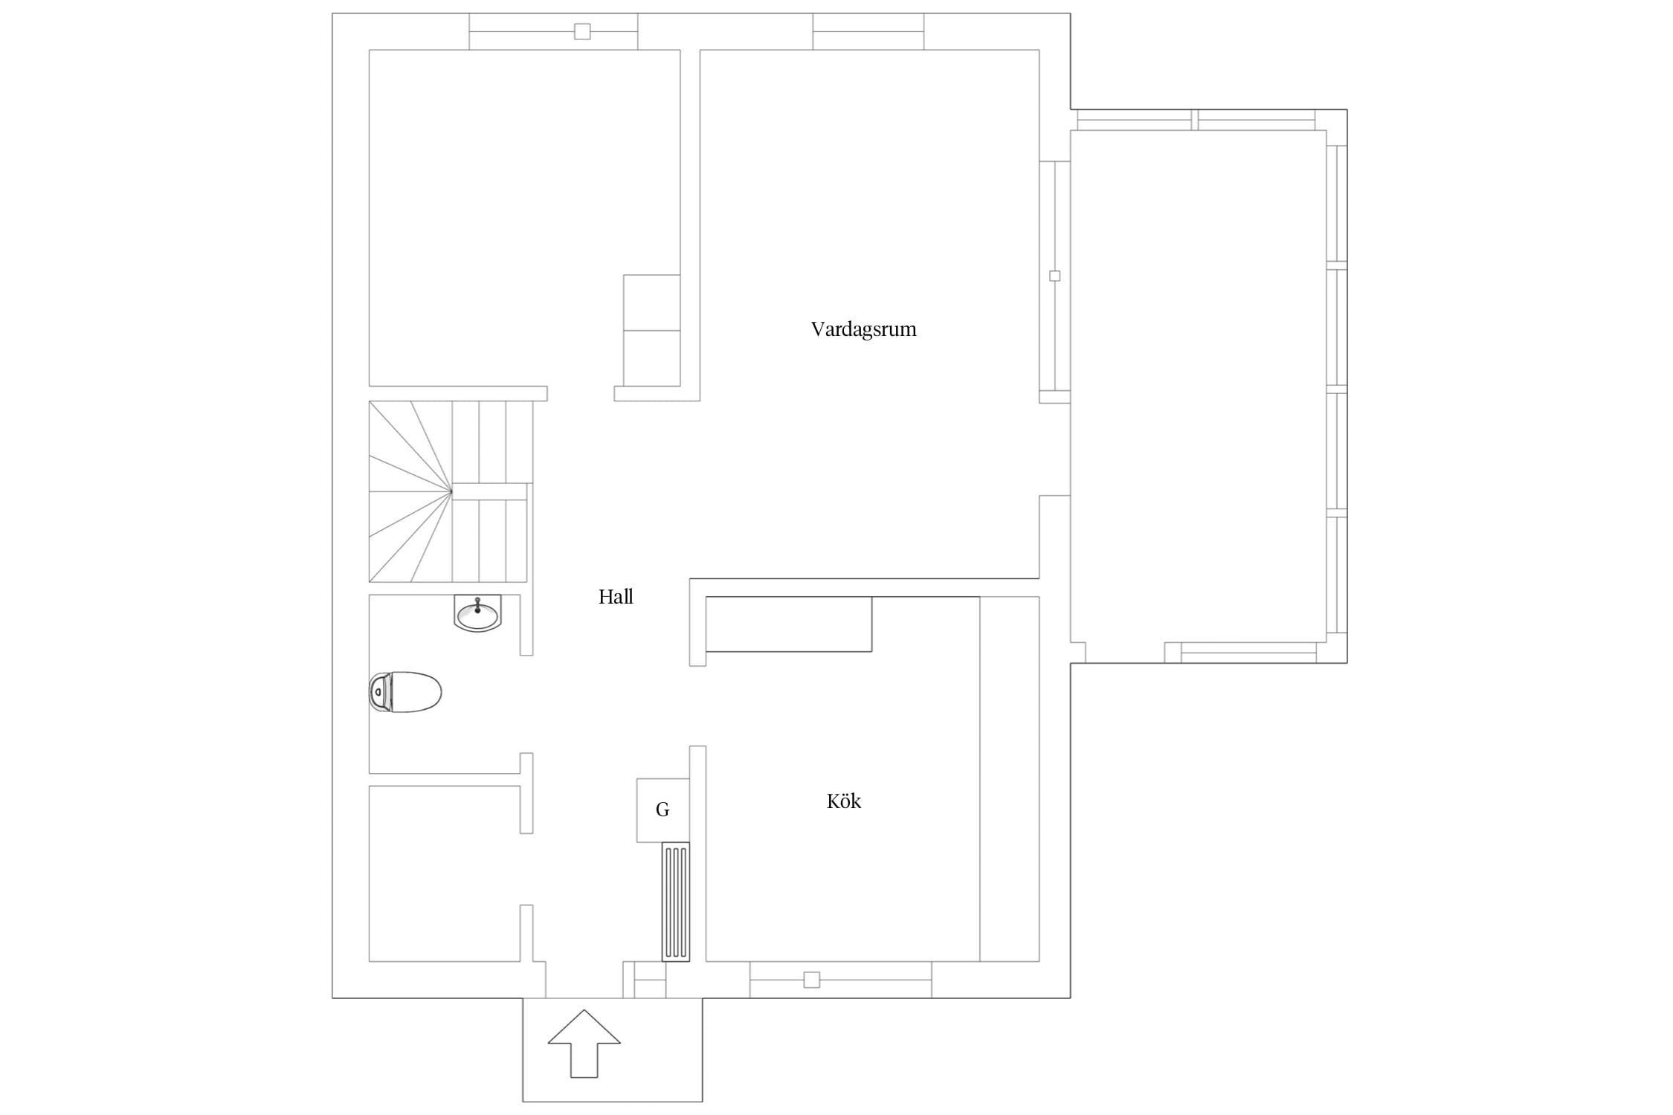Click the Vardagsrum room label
coord(863,329)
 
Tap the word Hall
coord(616,597)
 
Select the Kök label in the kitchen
coord(844,801)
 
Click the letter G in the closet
coord(663,810)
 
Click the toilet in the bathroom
coord(405,692)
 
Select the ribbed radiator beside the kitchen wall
coord(676,902)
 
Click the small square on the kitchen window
coord(812,980)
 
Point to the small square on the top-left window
coord(582,31)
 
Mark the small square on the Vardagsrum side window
coord(1054,276)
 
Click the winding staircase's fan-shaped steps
coord(410,491)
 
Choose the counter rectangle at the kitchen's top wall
coord(788,624)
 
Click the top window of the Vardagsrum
coord(868,31)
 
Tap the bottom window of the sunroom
coord(1249,652)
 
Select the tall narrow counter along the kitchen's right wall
coord(1009,779)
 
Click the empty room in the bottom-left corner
coord(444,873)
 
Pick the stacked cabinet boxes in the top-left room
coord(651,330)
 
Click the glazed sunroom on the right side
coord(1198,386)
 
